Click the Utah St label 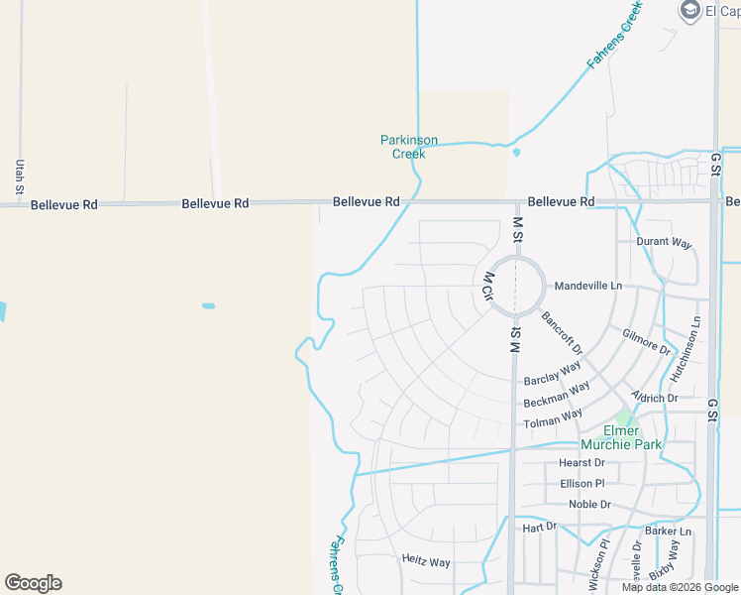19,176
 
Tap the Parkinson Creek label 409,147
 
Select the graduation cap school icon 689,11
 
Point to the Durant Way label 664,242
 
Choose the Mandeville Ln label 588,286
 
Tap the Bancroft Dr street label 562,333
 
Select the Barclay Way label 552,374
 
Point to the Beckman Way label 557,394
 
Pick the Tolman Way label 553,418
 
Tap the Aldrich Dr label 655,397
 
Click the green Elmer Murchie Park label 621,437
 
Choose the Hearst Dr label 582,462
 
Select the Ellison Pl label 582,483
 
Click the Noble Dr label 589,504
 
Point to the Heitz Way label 426,561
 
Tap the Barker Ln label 668,532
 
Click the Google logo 33,583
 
